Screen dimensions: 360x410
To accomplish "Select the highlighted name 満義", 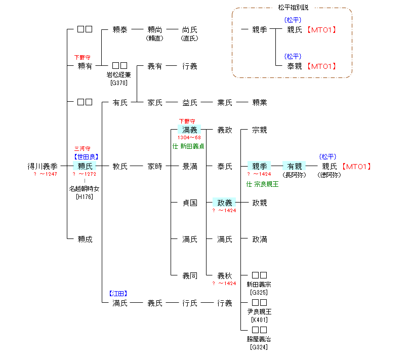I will tap(190, 130).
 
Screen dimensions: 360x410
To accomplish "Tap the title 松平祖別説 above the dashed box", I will tap(293, 8).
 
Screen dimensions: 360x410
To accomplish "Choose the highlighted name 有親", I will tap(294, 166).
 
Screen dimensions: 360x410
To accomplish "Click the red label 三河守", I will tap(85, 149).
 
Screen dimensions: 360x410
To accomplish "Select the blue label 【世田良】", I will tap(85, 157).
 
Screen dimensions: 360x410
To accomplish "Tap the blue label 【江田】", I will tap(118, 293).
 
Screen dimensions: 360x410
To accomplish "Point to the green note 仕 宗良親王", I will tap(262, 184).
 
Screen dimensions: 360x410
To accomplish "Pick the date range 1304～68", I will tap(189, 138).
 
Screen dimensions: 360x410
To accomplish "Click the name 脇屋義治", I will tap(259, 339).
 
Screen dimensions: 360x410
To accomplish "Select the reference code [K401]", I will tap(259, 319).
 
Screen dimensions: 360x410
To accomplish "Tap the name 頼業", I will tap(259, 103).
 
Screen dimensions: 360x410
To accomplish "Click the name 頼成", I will tap(85, 239).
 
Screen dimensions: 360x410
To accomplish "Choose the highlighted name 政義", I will tap(224, 203).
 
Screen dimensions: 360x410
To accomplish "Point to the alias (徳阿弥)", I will tap(329, 175).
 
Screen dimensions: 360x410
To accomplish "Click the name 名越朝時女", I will tap(85, 189).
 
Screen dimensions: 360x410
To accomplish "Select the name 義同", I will tap(190, 275).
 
